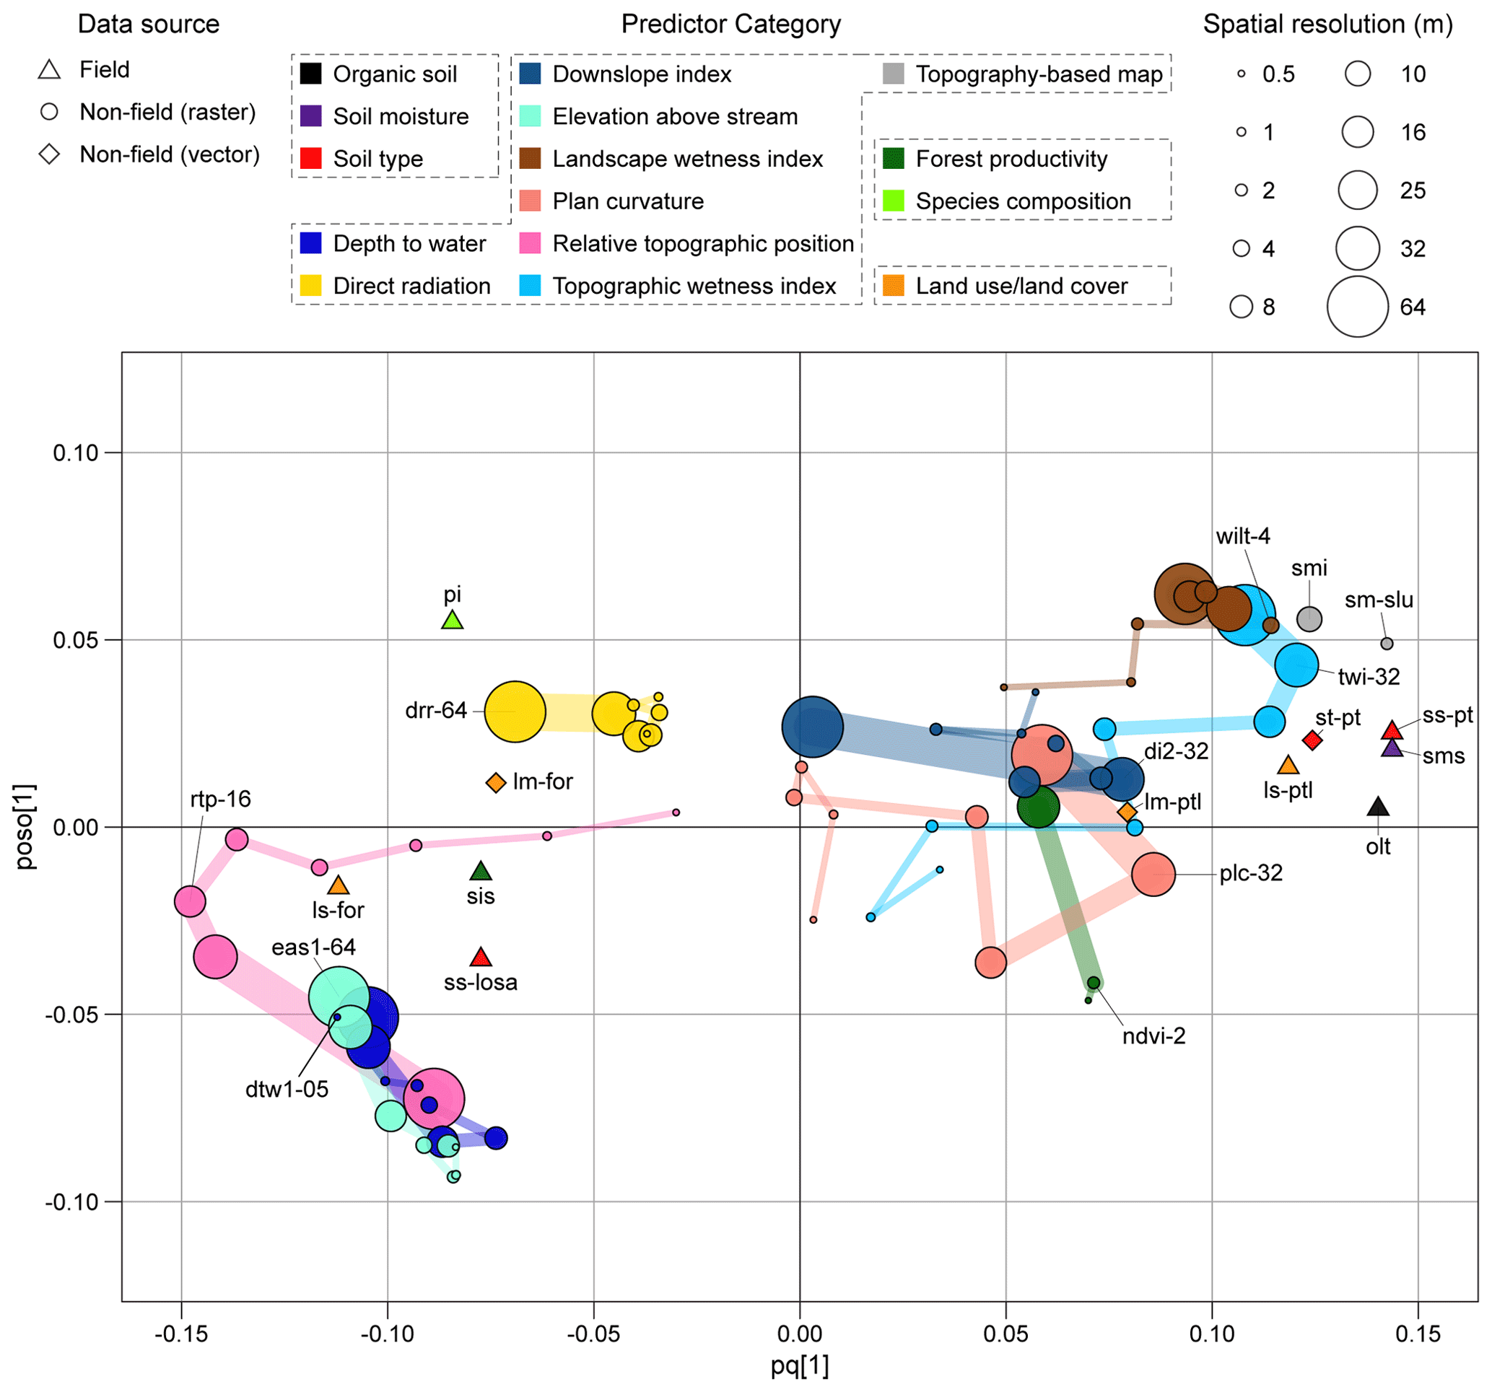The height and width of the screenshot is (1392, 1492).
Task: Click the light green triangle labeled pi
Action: point(452,621)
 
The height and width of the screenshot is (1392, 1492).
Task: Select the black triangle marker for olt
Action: point(1378,807)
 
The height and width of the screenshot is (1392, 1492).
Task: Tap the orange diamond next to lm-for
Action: point(495,783)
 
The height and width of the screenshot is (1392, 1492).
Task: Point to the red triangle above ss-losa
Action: point(480,958)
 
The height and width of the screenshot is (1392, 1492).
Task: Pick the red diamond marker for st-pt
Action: point(1312,740)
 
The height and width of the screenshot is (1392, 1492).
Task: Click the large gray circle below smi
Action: point(1309,619)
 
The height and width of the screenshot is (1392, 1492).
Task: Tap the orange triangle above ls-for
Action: point(339,886)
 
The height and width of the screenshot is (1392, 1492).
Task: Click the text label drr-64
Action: point(435,711)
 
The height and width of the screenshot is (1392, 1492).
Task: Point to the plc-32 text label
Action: point(1251,873)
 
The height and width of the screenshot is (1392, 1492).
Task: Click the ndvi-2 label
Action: point(1153,1036)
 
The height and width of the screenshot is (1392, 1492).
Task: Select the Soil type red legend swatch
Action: point(310,159)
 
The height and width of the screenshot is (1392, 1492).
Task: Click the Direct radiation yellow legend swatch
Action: point(310,286)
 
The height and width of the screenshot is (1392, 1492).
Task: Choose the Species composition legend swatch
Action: point(893,201)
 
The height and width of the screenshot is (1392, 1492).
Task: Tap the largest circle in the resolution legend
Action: point(1358,306)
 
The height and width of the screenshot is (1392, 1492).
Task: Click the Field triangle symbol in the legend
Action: point(50,70)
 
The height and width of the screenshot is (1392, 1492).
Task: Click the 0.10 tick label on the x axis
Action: point(1211,1334)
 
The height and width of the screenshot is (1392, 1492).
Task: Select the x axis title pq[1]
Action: point(799,1366)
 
